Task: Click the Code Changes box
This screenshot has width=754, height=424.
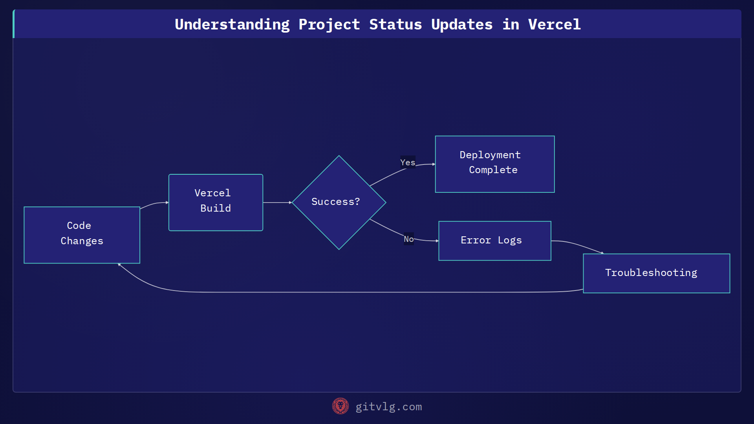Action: click(82, 235)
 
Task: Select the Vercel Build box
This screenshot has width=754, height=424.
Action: click(216, 202)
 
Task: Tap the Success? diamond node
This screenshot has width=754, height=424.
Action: click(339, 202)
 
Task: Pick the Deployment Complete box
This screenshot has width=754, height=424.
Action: click(494, 164)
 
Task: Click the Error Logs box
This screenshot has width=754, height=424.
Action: click(494, 240)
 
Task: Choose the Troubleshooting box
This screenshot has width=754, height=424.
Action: click(656, 273)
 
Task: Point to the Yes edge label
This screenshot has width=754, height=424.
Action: click(408, 162)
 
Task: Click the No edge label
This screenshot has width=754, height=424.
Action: click(408, 239)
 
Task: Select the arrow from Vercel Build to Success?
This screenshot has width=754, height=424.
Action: click(277, 202)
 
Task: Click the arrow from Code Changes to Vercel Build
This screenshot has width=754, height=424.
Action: click(154, 204)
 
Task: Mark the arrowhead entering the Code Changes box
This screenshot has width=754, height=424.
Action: click(119, 265)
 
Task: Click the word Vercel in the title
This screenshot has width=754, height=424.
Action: click(554, 24)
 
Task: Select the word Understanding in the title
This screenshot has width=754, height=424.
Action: click(232, 24)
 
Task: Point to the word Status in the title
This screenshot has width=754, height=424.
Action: click(395, 24)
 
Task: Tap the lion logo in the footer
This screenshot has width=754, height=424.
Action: click(340, 406)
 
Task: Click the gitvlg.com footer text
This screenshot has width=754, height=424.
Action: click(388, 407)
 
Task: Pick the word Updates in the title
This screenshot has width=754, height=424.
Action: click(461, 24)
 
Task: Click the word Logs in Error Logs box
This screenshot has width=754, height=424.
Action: click(509, 240)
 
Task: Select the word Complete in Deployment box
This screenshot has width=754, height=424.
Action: click(493, 170)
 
